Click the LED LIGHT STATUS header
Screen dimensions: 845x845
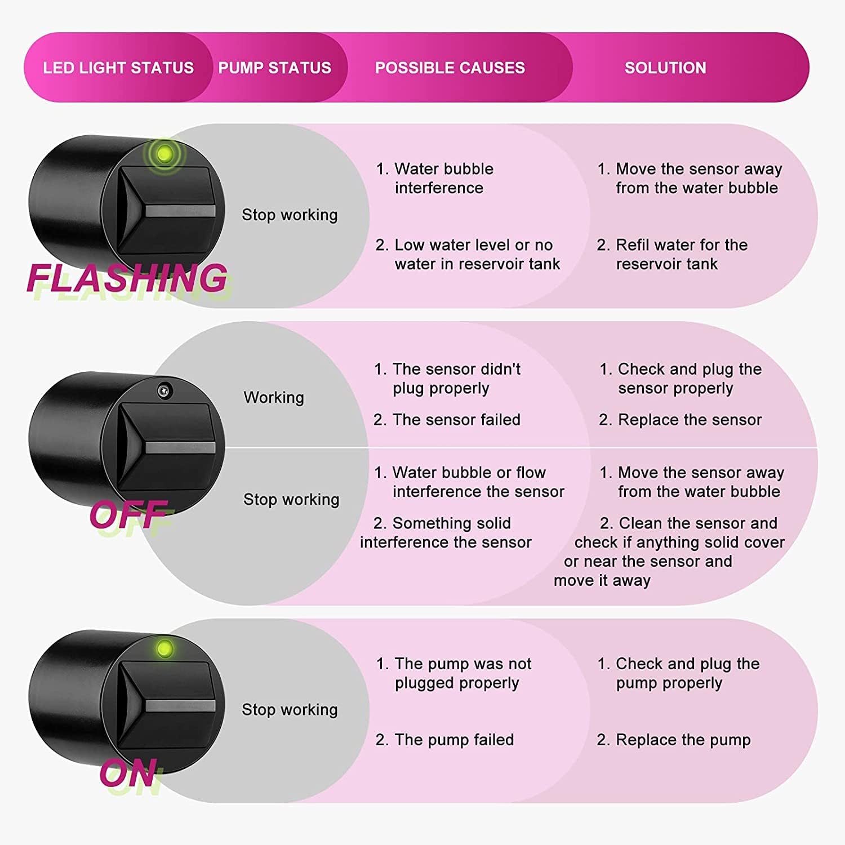coord(118,68)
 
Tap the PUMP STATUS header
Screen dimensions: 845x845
coord(275,68)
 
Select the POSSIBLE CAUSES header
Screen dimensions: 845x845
coord(450,68)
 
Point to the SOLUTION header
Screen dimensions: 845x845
coord(665,68)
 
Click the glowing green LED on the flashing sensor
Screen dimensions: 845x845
coord(164,153)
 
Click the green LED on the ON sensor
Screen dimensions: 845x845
coord(164,648)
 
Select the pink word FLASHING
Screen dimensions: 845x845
coord(127,278)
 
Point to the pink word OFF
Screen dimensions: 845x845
coord(128,514)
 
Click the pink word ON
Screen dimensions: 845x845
coord(128,773)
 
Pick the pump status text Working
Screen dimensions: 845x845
coord(274,398)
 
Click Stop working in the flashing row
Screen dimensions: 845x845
coord(290,215)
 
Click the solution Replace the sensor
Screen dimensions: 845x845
coord(680,420)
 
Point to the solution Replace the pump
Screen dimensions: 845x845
coord(674,740)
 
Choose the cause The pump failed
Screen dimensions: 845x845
coord(444,740)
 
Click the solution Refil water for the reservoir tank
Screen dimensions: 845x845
coord(672,254)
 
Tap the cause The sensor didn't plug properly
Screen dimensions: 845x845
coord(447,379)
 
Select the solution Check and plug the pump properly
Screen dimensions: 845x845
coord(678,673)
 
